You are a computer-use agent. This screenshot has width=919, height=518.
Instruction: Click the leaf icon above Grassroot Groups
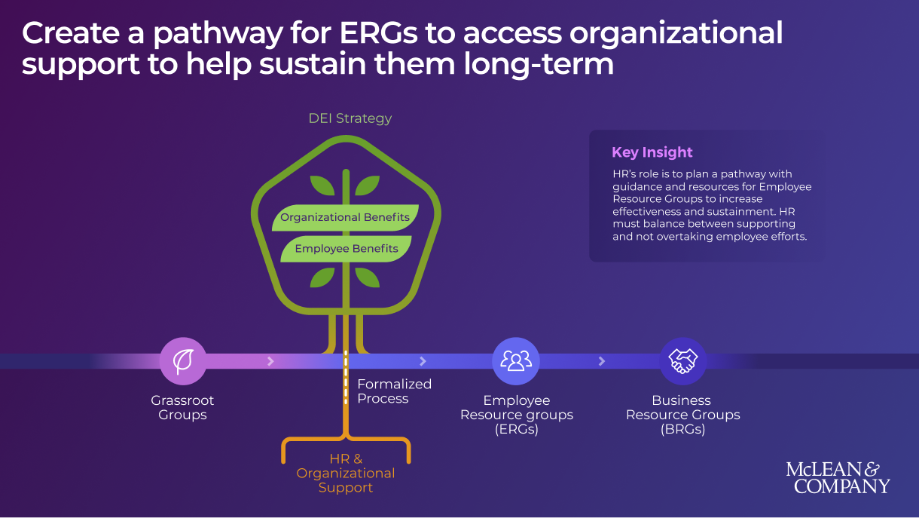182,361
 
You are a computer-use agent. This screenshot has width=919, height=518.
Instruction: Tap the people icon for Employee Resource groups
516,361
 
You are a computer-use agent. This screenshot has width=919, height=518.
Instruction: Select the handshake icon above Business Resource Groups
682,361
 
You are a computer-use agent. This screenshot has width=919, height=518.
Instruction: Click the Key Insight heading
652,152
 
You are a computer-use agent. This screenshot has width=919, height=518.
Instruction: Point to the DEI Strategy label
350,118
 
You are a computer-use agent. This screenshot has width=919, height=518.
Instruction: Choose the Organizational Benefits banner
345,217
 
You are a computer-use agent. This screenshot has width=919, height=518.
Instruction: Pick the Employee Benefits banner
346,249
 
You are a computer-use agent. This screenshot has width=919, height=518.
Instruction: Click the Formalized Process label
394,391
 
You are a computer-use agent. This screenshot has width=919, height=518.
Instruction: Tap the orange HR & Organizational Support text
346,473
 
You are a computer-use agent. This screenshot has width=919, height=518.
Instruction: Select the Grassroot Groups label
182,408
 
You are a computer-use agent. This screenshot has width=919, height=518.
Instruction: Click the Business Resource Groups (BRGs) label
682,415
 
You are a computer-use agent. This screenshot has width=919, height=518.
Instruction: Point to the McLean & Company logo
838,478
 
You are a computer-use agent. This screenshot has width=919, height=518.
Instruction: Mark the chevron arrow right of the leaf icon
271,361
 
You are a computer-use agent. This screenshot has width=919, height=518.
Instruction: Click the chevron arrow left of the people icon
423,361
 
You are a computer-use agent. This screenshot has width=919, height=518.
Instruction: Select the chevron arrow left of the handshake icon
602,361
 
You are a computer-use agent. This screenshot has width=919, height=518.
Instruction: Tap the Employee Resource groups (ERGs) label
516,415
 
